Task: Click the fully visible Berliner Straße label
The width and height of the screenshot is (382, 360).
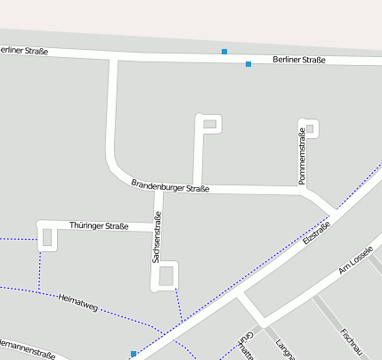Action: (x=299, y=60)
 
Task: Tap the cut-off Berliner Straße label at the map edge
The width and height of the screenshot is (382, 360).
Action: (x=23, y=50)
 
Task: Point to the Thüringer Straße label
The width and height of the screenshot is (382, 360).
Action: (x=98, y=226)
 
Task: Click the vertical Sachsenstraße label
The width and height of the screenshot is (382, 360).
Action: (x=158, y=237)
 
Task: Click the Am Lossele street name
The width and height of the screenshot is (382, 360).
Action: (x=354, y=261)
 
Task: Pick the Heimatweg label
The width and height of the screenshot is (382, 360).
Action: (x=77, y=301)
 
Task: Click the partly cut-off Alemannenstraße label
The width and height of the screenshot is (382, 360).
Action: (x=27, y=350)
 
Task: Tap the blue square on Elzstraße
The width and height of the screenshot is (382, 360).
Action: (x=134, y=354)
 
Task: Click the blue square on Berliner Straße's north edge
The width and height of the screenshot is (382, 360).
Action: (x=224, y=52)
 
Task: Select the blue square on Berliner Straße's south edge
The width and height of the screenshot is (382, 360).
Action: (x=248, y=64)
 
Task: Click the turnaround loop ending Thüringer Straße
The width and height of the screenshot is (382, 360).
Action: (x=46, y=236)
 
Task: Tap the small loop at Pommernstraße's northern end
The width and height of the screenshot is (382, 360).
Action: (x=310, y=129)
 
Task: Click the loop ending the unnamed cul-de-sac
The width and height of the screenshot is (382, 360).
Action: (x=209, y=123)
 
